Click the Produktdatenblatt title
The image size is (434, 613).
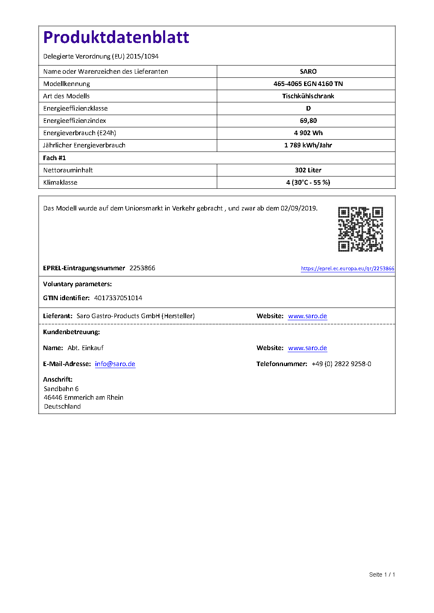coord(116,37)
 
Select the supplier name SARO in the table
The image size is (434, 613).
coord(308,72)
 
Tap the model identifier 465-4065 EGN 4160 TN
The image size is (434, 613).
coord(308,84)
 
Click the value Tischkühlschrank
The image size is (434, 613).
coord(308,96)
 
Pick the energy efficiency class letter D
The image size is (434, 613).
coord(308,109)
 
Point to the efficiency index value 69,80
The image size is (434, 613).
coord(308,121)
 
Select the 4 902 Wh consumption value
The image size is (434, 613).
coord(308,133)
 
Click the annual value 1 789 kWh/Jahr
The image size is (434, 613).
coord(308,145)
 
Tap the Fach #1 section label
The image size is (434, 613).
coord(55,158)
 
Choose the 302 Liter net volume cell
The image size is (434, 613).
coord(308,170)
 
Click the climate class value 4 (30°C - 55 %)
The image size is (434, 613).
coord(308,183)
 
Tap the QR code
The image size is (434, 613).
coord(360,229)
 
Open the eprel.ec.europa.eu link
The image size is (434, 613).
coord(348,269)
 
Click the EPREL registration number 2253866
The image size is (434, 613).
coord(142,268)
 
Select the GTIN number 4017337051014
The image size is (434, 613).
coord(118,298)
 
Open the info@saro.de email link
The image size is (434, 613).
coord(115,364)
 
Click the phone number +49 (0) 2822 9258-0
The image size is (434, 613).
coord(341,364)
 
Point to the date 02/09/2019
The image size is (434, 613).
coord(299,208)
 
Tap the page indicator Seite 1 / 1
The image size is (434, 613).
coord(382,575)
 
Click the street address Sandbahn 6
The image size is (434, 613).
coord(61,389)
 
